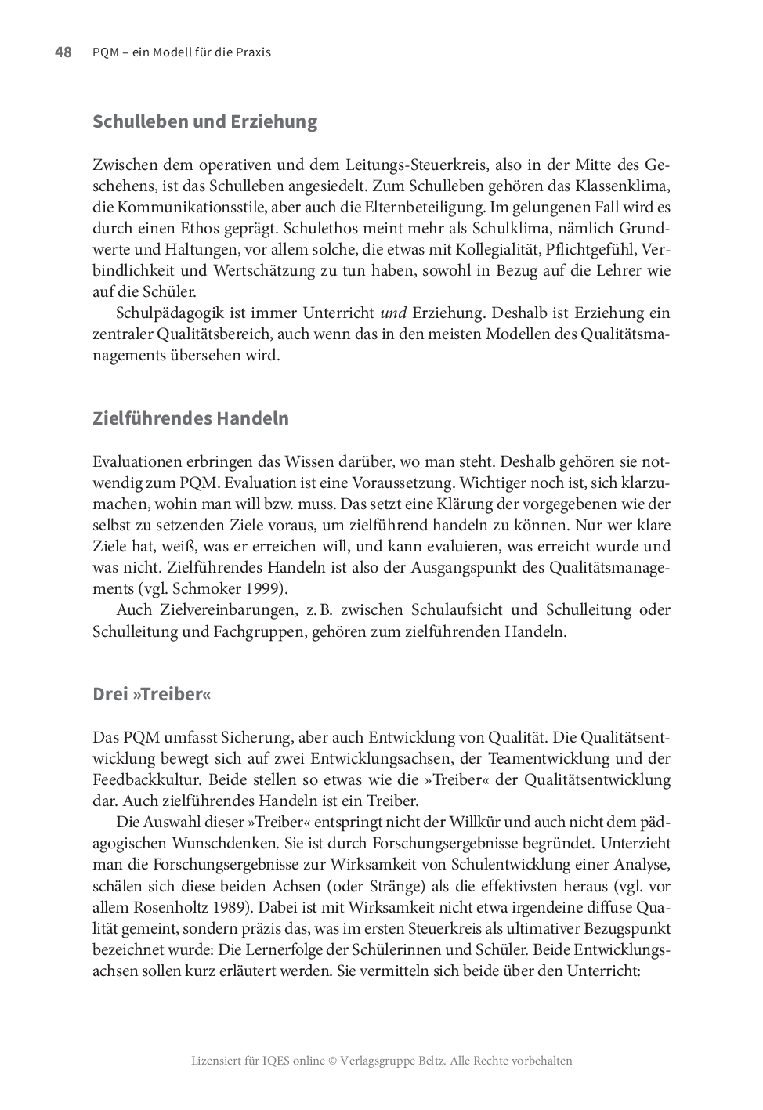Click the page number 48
click(63, 52)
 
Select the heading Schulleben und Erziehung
click(204, 121)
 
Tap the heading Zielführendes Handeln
click(190, 418)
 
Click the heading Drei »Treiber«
click(151, 694)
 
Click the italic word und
click(393, 313)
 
